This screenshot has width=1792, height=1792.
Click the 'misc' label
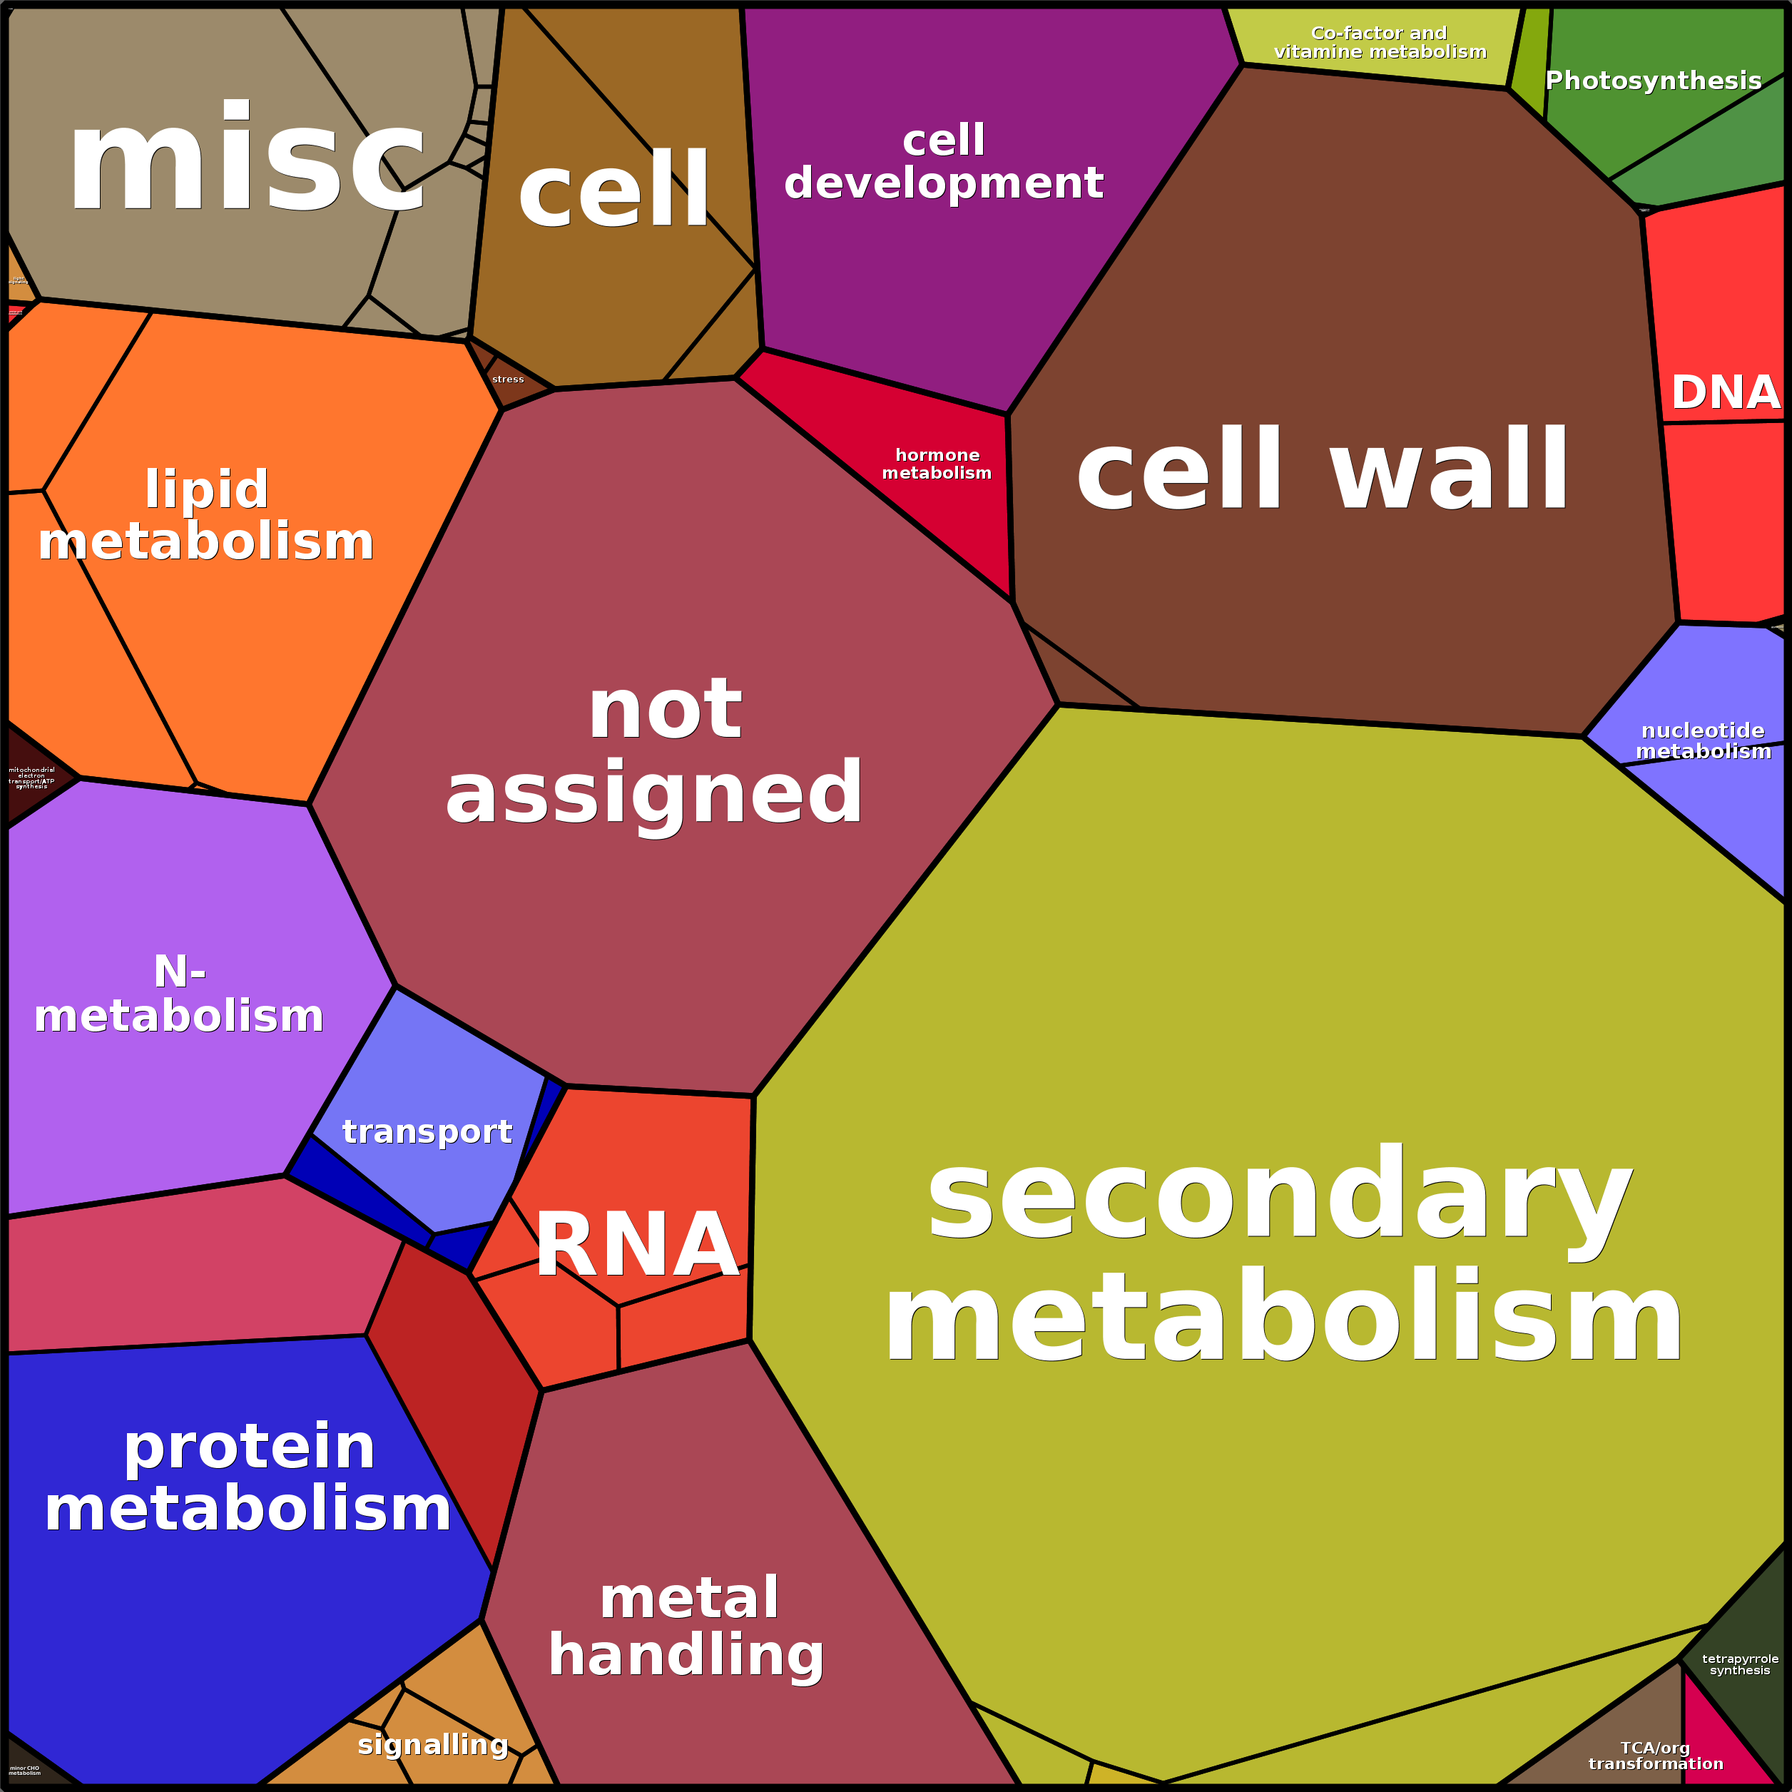click(x=246, y=160)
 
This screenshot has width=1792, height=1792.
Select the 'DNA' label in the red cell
click(x=1725, y=392)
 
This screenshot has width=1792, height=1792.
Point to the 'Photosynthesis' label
click(x=1653, y=81)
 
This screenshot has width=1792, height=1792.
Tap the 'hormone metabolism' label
click(x=937, y=464)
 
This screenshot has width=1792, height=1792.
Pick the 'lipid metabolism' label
click(x=206, y=516)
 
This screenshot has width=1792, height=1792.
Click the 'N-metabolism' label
click(x=179, y=994)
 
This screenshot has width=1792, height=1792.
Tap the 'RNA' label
click(x=637, y=1246)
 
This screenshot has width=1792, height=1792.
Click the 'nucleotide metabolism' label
click(x=1703, y=741)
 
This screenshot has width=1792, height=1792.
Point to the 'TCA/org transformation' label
click(x=1656, y=1756)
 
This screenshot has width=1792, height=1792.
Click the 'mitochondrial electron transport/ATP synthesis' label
click(x=31, y=778)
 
